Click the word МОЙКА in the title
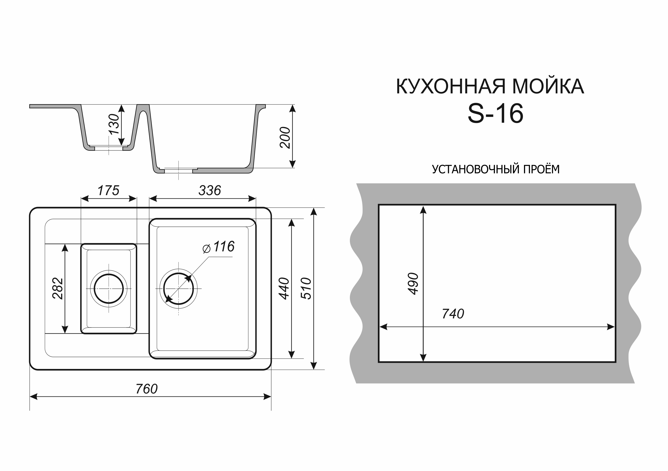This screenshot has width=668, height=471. coord(548,86)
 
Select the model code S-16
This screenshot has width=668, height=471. coord(495,114)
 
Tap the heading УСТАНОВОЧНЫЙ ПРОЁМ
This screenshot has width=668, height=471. coord(495,169)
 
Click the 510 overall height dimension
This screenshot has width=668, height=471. coord(306,289)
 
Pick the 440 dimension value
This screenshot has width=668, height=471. coord(284,289)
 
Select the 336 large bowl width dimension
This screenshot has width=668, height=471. coord(210,191)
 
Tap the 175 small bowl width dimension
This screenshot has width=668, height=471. coord(108,191)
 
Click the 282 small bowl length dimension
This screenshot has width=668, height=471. coord(58,289)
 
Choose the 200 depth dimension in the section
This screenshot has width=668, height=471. coord(285,138)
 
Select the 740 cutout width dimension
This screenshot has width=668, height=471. coord(453,314)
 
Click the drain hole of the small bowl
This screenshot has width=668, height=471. coord(109,289)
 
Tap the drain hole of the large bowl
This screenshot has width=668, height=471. coord(178,289)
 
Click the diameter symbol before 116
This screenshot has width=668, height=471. coord(207,249)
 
